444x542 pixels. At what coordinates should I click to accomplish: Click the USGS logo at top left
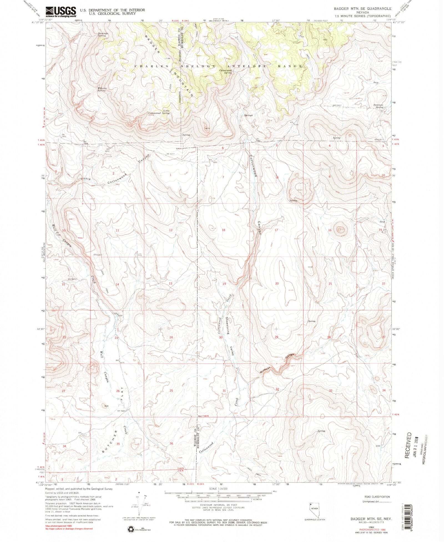point(61,12)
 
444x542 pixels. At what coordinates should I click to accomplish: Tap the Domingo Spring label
point(103,35)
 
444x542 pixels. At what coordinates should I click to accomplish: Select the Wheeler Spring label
point(102,89)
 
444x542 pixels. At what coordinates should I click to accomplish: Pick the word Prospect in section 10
point(98,255)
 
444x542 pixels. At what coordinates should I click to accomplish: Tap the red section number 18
point(223,230)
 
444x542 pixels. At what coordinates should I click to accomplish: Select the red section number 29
point(276,337)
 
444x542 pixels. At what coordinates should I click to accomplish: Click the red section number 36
point(171,443)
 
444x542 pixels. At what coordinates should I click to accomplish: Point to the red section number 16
point(330,230)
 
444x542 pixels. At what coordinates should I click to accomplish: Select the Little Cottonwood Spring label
point(159,112)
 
